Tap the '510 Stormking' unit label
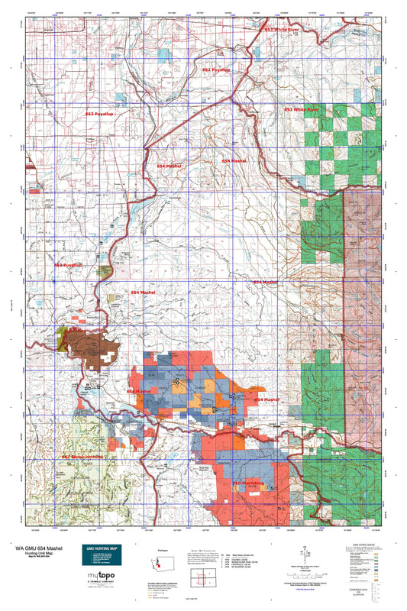point(247,483)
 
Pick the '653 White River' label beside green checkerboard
point(301,110)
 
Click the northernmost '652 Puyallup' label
point(216,70)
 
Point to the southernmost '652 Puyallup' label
point(68,265)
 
